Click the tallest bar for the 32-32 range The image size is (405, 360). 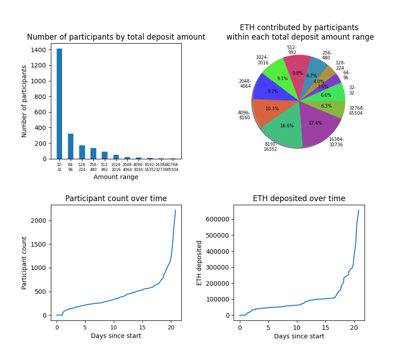point(59,104)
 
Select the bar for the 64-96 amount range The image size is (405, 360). point(71,146)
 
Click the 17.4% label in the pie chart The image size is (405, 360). point(315,123)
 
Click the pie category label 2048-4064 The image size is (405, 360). point(245,84)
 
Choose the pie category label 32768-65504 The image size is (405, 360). point(356,111)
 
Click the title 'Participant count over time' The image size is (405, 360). point(116,198)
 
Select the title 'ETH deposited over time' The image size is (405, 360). point(299,198)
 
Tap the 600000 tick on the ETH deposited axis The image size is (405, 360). point(216,219)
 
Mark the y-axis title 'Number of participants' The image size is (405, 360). point(25,101)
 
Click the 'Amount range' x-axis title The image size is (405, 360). point(116,177)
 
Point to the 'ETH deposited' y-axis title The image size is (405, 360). point(199,263)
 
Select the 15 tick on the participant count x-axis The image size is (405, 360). point(142,328)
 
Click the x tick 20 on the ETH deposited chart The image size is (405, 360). point(354,328)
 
